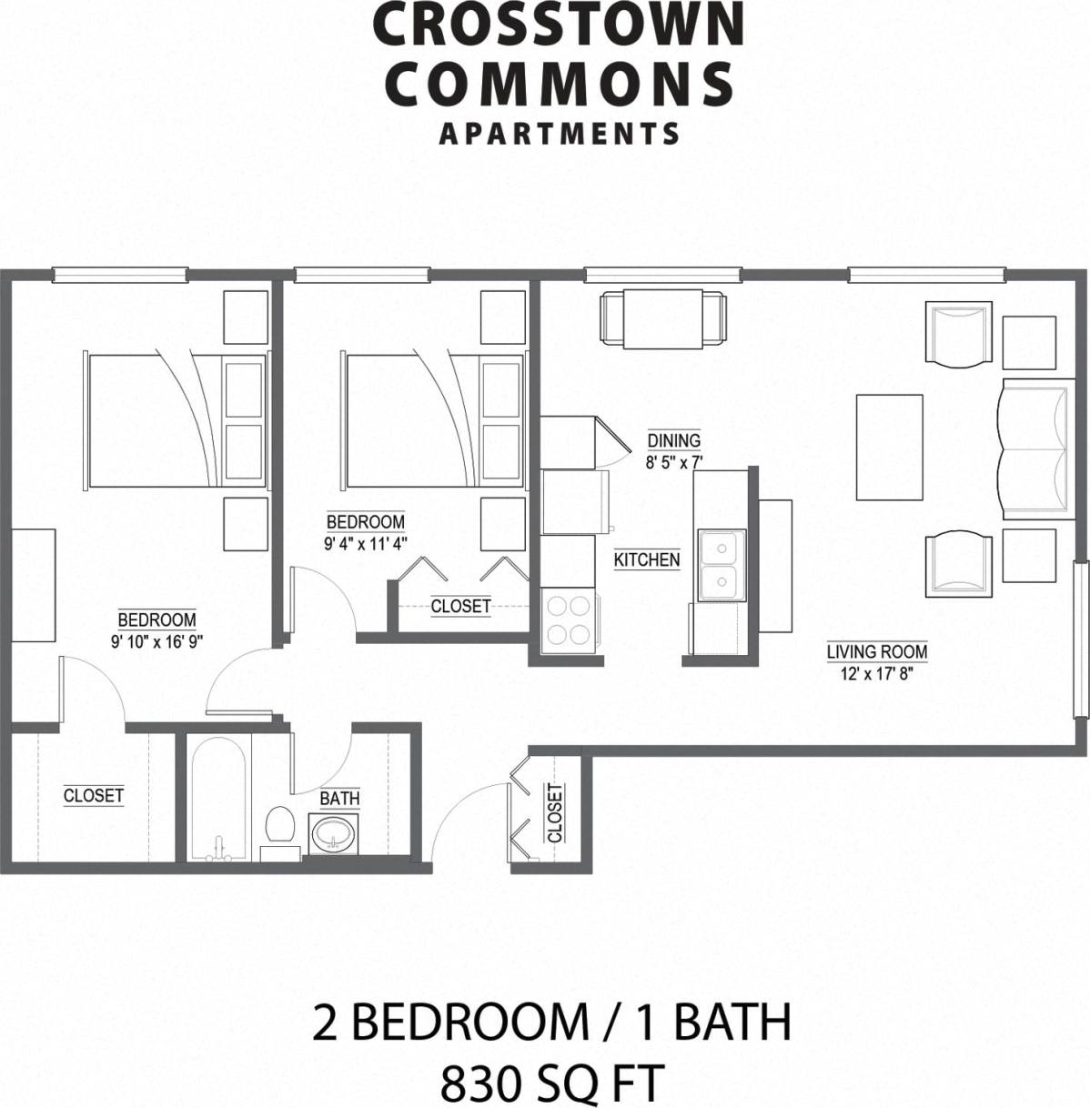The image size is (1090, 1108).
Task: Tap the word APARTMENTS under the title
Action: coord(560,135)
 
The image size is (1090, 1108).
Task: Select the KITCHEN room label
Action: coord(647,559)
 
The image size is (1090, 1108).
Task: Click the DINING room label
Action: coord(673,441)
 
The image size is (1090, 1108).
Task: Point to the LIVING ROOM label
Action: coord(876,651)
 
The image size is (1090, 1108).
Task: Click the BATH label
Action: coord(339,799)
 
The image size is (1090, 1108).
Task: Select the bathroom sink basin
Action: coord(334,833)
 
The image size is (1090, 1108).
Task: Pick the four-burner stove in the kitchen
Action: coord(569,620)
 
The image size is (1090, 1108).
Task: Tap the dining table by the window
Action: coord(662,318)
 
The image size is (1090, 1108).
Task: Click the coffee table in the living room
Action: coord(889,448)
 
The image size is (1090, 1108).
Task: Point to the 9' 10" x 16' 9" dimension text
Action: coord(156,640)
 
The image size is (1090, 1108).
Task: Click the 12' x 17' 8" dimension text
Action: coord(876,673)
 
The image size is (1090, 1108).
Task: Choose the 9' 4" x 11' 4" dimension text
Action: coord(366,544)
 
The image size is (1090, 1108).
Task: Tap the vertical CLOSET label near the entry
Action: coord(555,813)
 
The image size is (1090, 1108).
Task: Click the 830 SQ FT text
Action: coord(550,1083)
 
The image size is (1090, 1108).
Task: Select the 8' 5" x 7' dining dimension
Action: coord(673,461)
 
